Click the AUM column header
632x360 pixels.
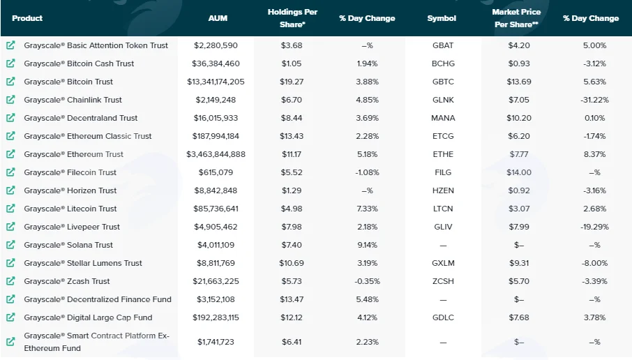click(x=218, y=18)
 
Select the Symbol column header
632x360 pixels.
click(x=442, y=18)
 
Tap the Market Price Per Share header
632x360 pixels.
click(x=516, y=18)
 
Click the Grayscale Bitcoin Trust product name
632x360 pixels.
click(x=68, y=82)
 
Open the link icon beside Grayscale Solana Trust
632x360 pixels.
click(x=10, y=245)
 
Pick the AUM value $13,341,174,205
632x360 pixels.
click(x=216, y=82)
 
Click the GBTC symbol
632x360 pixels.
click(x=443, y=82)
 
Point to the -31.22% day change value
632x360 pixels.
click(x=594, y=100)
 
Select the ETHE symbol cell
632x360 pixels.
click(x=443, y=154)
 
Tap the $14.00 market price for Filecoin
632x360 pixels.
click(x=519, y=172)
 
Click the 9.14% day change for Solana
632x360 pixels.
click(x=367, y=245)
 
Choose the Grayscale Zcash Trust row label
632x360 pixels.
click(x=67, y=281)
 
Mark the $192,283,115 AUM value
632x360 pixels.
click(x=216, y=317)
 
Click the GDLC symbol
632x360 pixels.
click(x=443, y=317)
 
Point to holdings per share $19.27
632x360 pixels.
click(x=292, y=82)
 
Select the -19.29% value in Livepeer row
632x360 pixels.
click(x=594, y=227)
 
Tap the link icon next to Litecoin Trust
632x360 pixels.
click(x=10, y=209)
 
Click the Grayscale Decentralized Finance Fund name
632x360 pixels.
click(x=98, y=299)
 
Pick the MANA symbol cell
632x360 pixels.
click(x=443, y=118)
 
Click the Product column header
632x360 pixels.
click(x=27, y=18)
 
